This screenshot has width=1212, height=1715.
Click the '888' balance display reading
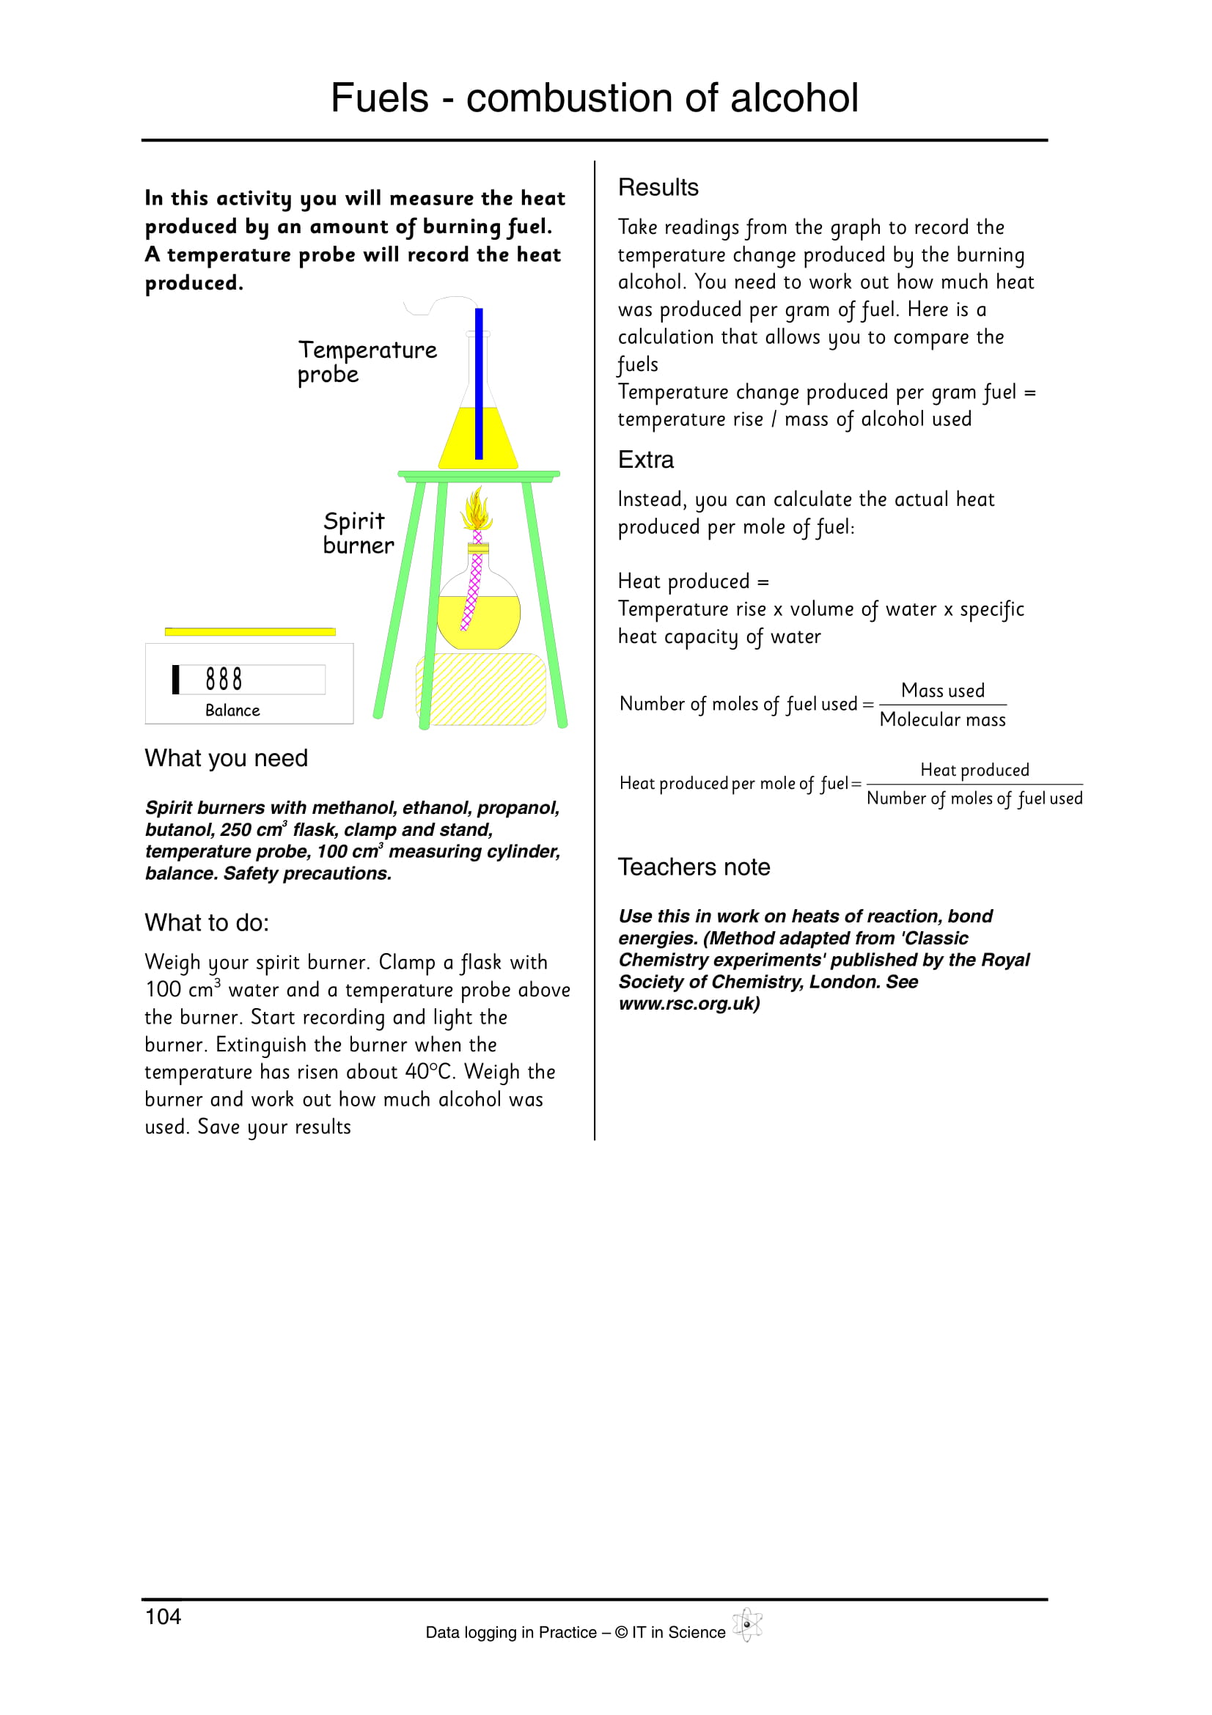224,679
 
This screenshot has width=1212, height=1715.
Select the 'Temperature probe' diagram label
367,361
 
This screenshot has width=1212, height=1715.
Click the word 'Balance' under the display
232,710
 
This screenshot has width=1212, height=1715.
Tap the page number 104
163,1617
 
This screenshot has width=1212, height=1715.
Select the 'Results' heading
658,188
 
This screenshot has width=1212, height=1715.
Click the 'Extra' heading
645,460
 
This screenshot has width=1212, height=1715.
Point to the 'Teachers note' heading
694,867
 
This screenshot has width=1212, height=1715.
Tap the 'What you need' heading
227,758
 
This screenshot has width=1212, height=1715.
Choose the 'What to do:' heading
207,923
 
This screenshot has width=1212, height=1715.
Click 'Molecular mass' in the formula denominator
942,720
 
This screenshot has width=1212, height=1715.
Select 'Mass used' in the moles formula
942,691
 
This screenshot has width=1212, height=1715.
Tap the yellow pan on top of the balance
250,632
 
